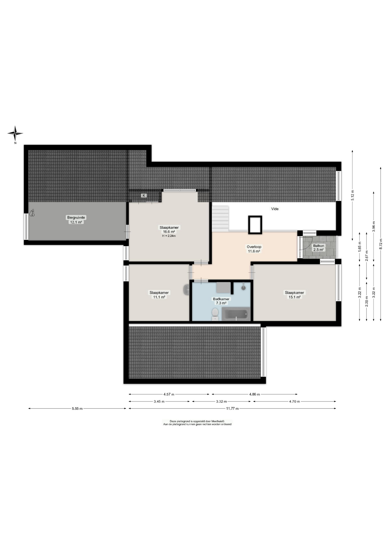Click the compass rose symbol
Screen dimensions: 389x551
coord(15,133)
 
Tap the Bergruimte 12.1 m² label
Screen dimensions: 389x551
coord(76,220)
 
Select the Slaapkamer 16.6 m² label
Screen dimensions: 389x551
coord(169,230)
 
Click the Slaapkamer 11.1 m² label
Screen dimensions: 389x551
coord(159,295)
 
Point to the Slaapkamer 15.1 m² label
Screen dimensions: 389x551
coord(294,295)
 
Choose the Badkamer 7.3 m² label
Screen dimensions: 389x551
coord(221,301)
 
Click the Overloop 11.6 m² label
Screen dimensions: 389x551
coord(254,249)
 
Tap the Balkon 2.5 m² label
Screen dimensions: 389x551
coord(319,248)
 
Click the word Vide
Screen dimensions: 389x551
coord(275,209)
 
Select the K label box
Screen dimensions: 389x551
coord(144,195)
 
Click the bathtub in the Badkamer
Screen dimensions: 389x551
coord(236,314)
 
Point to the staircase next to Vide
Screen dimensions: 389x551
coord(220,219)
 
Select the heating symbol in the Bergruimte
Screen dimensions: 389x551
coord(32,213)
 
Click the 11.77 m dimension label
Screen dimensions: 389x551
coord(232,408)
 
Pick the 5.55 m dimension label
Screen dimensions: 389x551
coord(77,408)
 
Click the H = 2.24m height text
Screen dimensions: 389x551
coord(169,236)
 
